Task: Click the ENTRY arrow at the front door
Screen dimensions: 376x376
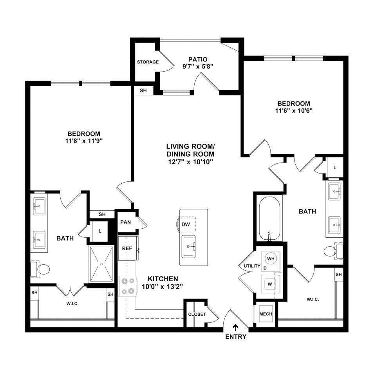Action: click(x=236, y=327)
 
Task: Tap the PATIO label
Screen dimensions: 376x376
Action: click(x=198, y=59)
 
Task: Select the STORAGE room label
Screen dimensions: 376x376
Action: click(x=148, y=62)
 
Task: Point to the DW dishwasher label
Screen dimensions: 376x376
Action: click(x=186, y=224)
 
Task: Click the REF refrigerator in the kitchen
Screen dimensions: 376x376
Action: click(x=128, y=248)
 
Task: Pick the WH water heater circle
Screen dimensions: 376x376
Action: click(x=271, y=258)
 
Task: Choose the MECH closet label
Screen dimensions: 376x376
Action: click(x=266, y=314)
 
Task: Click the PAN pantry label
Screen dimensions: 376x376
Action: click(x=125, y=222)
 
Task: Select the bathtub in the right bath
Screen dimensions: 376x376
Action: click(x=269, y=219)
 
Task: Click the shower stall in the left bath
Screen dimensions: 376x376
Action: click(x=101, y=264)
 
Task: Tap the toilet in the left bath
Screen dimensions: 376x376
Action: click(x=40, y=269)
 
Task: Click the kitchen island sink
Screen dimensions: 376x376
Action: click(x=188, y=246)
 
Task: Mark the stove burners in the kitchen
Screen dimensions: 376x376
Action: click(x=128, y=286)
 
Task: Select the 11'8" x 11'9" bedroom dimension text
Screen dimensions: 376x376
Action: click(x=84, y=141)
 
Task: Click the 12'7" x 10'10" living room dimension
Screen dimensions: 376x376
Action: click(x=190, y=162)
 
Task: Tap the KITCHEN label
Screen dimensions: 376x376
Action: click(x=163, y=279)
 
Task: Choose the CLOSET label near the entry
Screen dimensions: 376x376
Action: click(x=197, y=314)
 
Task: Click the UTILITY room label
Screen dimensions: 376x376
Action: click(x=252, y=266)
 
